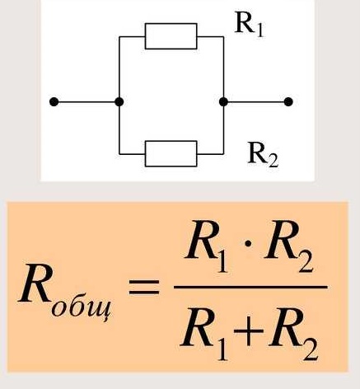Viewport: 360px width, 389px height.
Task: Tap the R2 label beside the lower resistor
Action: click(x=263, y=154)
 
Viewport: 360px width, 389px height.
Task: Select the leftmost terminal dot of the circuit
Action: click(x=54, y=102)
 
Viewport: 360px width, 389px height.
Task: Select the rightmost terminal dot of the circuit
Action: click(x=288, y=102)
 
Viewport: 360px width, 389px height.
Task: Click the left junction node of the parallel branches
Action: click(x=119, y=102)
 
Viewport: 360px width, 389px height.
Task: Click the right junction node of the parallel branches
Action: click(x=223, y=102)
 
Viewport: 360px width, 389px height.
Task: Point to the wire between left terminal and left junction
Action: click(x=86, y=102)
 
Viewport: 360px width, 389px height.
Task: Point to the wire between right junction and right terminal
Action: click(x=256, y=102)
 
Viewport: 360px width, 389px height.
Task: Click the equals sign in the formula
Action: click(x=144, y=288)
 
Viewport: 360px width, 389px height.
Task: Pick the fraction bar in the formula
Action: click(x=250, y=288)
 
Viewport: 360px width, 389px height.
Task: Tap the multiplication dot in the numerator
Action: click(x=248, y=244)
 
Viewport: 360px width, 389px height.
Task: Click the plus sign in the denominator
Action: click(x=248, y=332)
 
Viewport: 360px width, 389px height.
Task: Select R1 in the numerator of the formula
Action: click(x=207, y=246)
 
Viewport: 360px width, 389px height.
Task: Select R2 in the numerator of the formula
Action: click(x=288, y=246)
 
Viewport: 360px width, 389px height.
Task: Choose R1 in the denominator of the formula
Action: click(x=204, y=334)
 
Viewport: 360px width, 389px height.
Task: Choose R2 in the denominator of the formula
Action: click(x=293, y=334)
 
